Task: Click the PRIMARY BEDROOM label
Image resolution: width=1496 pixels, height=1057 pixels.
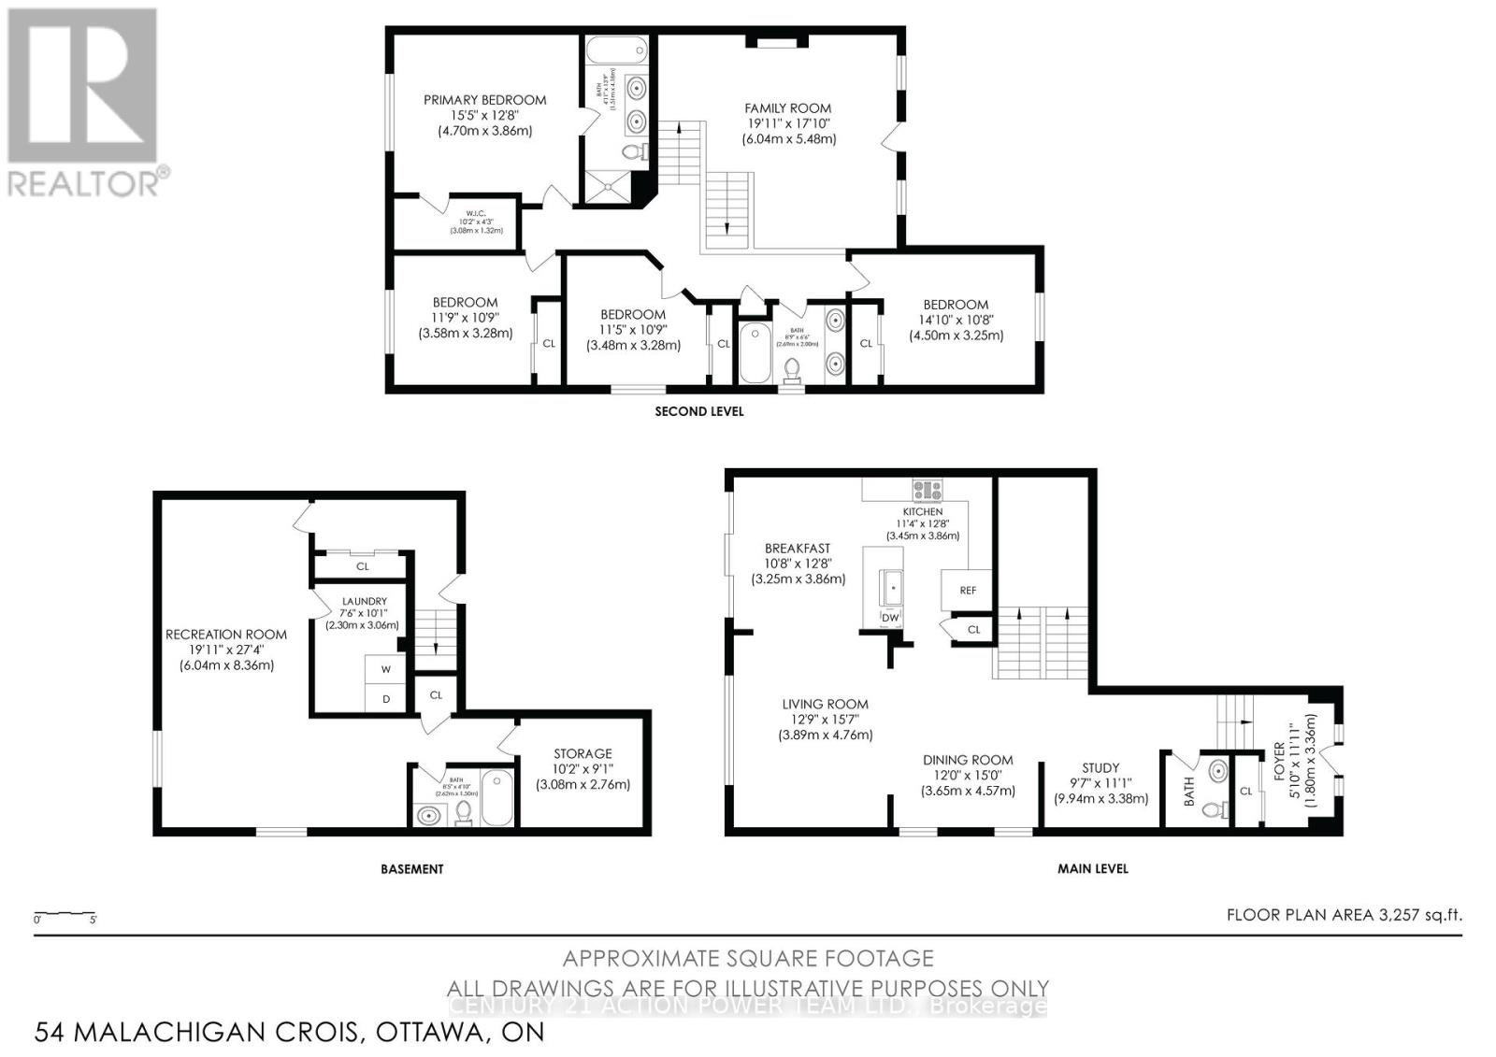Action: pyautogui.click(x=484, y=100)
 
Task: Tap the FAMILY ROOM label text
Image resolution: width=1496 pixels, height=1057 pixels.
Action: pyautogui.click(x=787, y=108)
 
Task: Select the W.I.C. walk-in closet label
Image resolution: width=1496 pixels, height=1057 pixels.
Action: pyautogui.click(x=464, y=211)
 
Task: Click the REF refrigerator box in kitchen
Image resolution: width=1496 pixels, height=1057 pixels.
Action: pyautogui.click(x=967, y=590)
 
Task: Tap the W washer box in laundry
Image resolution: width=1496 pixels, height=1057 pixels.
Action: pyautogui.click(x=385, y=669)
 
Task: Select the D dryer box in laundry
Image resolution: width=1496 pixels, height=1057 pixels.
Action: pyautogui.click(x=385, y=699)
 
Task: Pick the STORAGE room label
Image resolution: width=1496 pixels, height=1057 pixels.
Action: pyautogui.click(x=583, y=753)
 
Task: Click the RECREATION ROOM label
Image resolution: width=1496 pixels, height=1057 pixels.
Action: pyautogui.click(x=226, y=635)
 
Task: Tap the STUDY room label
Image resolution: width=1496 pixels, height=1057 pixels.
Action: pyautogui.click(x=1100, y=768)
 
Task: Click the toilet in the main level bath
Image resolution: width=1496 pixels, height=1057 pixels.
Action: pyautogui.click(x=1215, y=809)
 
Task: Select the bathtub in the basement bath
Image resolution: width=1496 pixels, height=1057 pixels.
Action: pyautogui.click(x=496, y=796)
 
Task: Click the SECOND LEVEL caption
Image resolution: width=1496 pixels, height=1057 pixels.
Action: pyautogui.click(x=699, y=411)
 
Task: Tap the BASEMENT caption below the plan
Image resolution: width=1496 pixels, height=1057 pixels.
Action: pyautogui.click(x=412, y=869)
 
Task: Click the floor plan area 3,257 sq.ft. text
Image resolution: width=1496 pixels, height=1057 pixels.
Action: pyautogui.click(x=1344, y=915)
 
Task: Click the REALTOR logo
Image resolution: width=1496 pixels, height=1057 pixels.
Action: pyautogui.click(x=84, y=103)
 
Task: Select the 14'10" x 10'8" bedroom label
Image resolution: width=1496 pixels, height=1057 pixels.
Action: pyautogui.click(x=956, y=320)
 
